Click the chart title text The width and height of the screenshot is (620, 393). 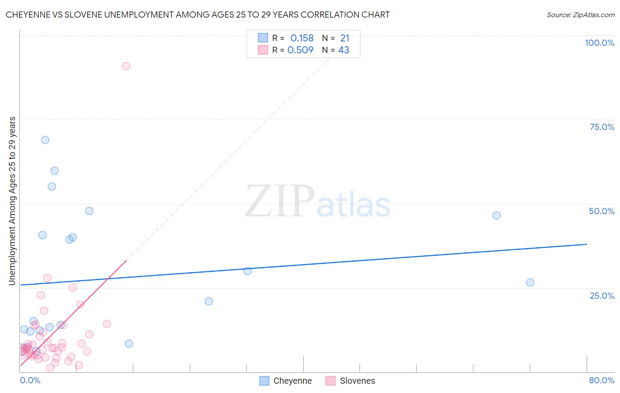pos(198,15)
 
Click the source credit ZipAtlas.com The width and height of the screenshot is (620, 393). pos(580,15)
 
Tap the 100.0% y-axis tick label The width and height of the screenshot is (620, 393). pos(599,43)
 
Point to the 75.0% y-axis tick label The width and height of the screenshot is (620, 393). pos(602,127)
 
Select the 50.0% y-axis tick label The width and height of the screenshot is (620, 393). pos(601,211)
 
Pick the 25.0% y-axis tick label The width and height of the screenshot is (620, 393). pos(602,296)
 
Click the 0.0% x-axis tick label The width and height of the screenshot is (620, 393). pos(30,380)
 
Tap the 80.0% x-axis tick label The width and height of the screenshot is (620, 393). pos(601,380)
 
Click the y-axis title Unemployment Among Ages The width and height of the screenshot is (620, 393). pos(12,201)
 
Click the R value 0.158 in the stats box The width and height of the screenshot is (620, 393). pos(302,38)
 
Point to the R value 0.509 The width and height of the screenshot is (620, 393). pos(300,50)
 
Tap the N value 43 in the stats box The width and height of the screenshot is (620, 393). pos(344,50)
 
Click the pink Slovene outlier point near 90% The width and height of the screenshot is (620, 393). pos(126,66)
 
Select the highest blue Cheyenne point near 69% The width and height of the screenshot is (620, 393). pos(45,140)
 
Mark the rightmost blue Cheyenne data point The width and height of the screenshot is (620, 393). pos(530,282)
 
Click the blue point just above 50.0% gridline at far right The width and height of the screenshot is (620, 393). pos(497,215)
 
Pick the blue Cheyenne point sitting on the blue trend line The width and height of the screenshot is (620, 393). pos(247,271)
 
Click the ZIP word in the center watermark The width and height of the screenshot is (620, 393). pos(280,202)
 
